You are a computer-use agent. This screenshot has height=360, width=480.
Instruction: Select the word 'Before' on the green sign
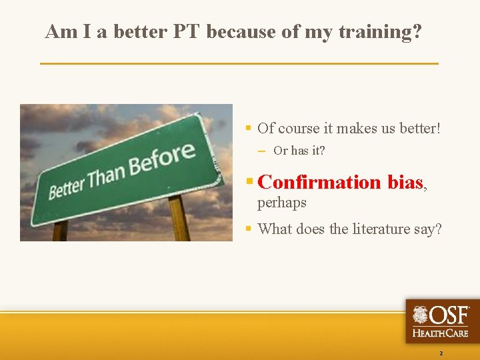coord(163,156)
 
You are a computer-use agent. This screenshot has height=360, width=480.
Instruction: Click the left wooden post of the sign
coord(60,231)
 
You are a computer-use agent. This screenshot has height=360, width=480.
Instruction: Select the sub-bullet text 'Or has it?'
coord(299,151)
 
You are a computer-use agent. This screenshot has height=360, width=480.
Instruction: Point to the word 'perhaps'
coord(282,202)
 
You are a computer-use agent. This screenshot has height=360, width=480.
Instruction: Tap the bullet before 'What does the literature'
coord(247,229)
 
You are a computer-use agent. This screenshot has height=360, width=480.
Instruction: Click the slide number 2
coord(440,353)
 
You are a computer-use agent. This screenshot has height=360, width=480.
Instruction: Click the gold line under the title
coord(239,63)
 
